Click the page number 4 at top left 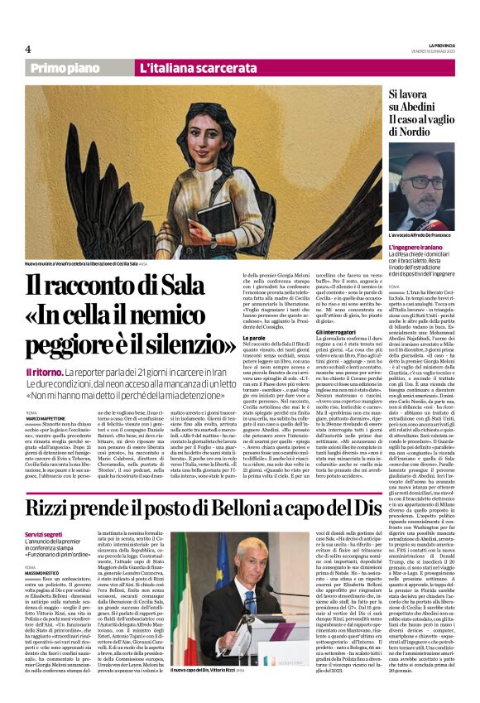pyautogui.click(x=28, y=49)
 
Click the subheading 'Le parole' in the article pyautogui.click(x=253, y=315)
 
